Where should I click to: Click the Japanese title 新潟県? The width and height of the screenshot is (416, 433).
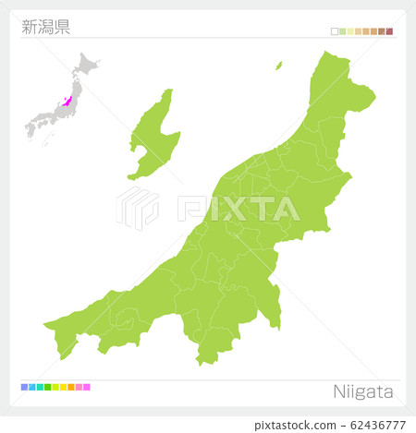pos(45,26)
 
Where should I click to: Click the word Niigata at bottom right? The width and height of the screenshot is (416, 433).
pos(362,391)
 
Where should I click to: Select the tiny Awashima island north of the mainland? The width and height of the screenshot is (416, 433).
pos(278,66)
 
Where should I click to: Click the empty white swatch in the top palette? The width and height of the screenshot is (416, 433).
pos(335,31)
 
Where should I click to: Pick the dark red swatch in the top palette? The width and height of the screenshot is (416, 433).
pos(389,31)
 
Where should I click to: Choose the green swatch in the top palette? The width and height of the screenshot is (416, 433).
pos(342,31)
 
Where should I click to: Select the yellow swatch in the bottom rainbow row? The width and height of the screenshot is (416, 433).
pos(64,387)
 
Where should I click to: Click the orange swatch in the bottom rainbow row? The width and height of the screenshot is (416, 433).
pos(71,387)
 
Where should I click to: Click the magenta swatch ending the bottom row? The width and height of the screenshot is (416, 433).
pos(87,387)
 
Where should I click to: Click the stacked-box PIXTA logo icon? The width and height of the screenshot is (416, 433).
pos(137,208)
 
